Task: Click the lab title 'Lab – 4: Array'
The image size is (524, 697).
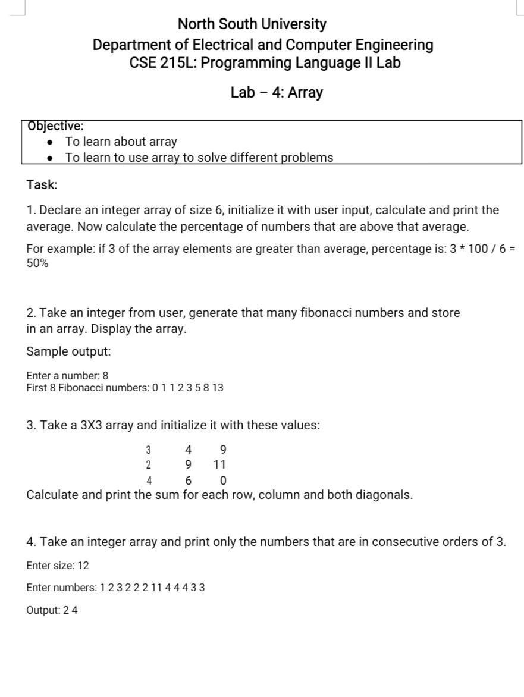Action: click(277, 93)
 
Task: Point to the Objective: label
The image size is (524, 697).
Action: click(55, 126)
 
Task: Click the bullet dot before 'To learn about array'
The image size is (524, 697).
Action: click(51, 142)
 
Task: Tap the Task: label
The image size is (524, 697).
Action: click(42, 185)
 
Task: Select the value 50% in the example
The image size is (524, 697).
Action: click(37, 263)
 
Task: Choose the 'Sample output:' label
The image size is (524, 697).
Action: click(68, 351)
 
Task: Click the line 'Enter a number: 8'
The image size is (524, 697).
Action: click(67, 376)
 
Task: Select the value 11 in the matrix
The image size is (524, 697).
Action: click(220, 464)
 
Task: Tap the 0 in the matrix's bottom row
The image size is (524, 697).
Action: click(223, 481)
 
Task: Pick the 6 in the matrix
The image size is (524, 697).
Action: click(188, 481)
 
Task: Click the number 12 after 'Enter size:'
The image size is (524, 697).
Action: click(83, 566)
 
